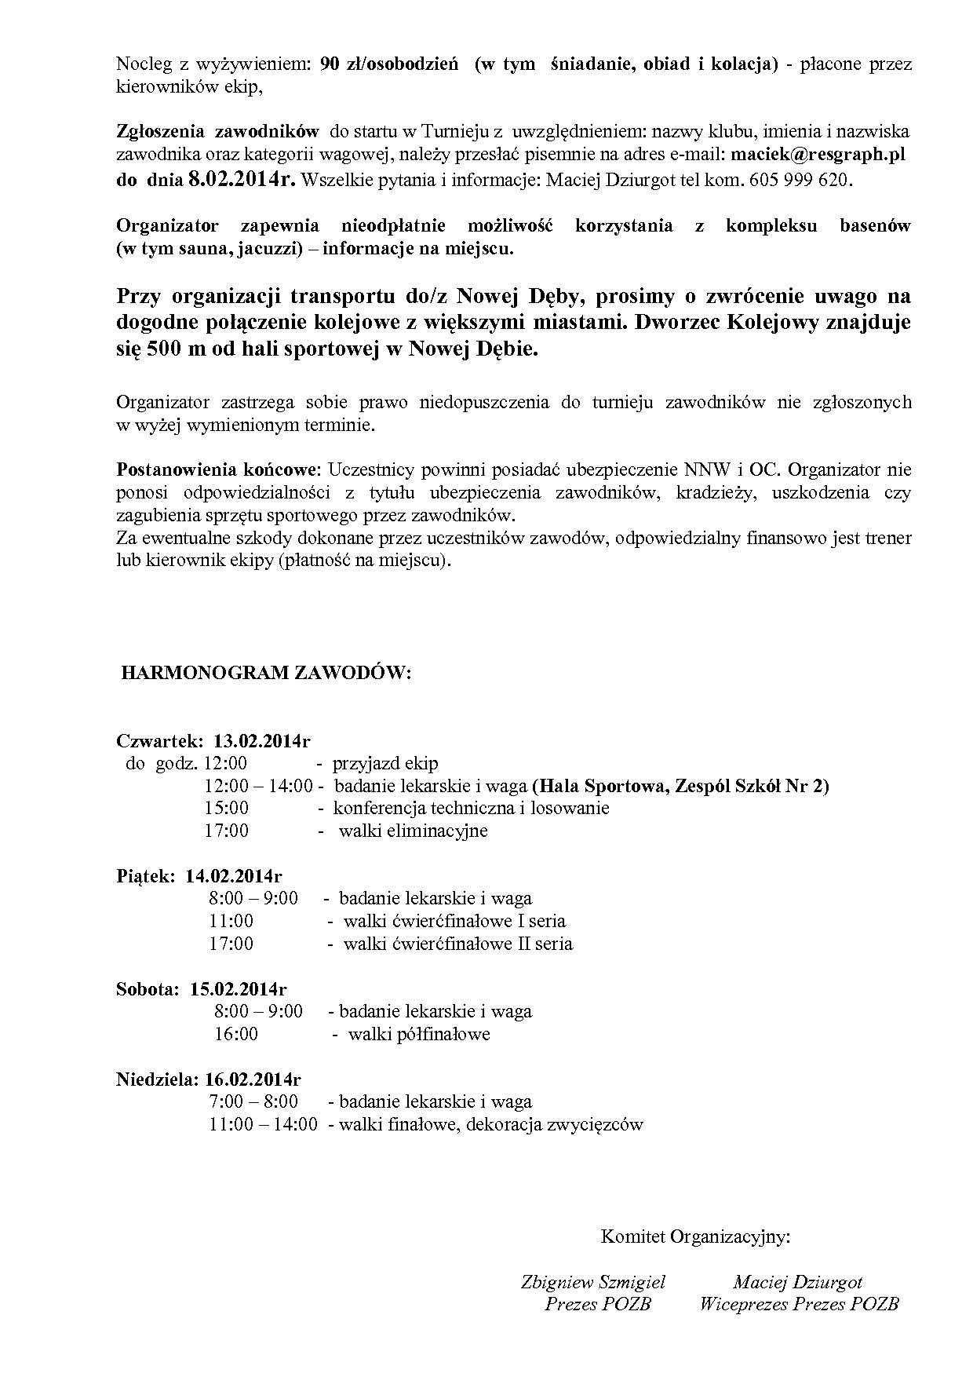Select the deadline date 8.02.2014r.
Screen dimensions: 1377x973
tap(242, 180)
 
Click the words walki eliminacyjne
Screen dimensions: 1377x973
tap(413, 831)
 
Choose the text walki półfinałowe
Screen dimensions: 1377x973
tap(419, 1034)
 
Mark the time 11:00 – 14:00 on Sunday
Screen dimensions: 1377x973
tap(263, 1124)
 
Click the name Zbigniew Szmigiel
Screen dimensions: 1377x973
tap(593, 1282)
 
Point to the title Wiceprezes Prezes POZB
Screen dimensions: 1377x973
tap(799, 1304)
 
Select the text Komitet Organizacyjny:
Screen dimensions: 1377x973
tap(695, 1237)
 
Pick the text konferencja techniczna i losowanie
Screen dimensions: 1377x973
tap(471, 808)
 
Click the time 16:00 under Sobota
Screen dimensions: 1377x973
tap(236, 1034)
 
